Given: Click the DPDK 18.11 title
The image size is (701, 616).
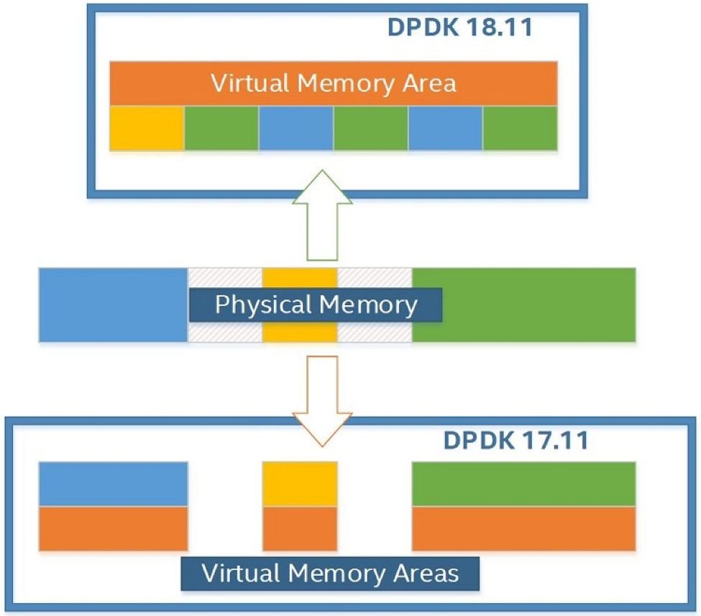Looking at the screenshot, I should tap(459, 27).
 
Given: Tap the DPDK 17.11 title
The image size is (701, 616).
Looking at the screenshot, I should tap(516, 440).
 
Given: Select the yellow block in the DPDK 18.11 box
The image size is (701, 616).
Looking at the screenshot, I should tap(147, 128).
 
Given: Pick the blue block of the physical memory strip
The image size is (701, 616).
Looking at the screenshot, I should tap(112, 304).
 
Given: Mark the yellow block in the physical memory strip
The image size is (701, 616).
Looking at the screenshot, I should tap(300, 277).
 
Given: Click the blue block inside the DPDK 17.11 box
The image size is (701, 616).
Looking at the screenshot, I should tap(113, 484).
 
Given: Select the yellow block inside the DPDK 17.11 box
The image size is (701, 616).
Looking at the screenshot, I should tap(300, 484).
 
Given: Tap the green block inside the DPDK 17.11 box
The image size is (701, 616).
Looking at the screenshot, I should tap(523, 484).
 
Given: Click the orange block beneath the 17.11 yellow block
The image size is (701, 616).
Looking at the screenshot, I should tap(300, 529).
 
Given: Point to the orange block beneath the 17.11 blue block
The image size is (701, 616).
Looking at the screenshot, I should tap(113, 529).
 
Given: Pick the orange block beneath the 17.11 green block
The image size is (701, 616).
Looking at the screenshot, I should tap(523, 529).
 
